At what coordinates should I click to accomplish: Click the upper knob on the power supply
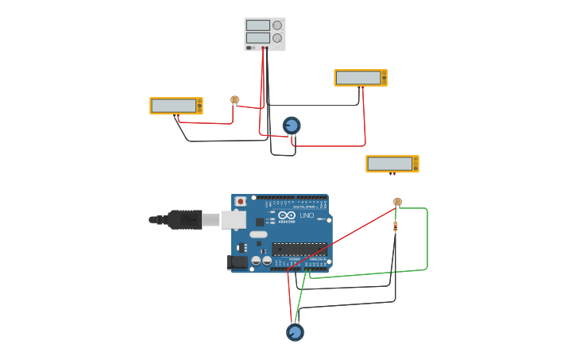[277, 25]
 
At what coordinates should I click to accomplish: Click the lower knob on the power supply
[277, 38]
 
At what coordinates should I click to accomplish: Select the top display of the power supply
[257, 25]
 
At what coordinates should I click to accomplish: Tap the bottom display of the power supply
[257, 38]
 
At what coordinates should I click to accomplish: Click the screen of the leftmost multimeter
[173, 106]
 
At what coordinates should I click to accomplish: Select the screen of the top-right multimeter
[358, 78]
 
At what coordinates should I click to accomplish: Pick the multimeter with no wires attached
[392, 164]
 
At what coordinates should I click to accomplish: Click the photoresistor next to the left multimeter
[234, 100]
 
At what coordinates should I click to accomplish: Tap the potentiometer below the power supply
[292, 126]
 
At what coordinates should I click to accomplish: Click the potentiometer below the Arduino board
[295, 332]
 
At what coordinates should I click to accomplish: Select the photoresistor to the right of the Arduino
[397, 202]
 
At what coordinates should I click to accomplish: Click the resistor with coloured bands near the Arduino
[396, 226]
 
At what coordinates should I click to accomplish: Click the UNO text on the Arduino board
[307, 215]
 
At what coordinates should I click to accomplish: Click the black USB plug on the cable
[184, 219]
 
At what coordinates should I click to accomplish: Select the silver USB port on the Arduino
[234, 219]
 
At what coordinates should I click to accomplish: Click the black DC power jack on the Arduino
[237, 262]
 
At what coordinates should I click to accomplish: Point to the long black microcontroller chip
[300, 249]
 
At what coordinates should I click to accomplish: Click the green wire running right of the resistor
[427, 238]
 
